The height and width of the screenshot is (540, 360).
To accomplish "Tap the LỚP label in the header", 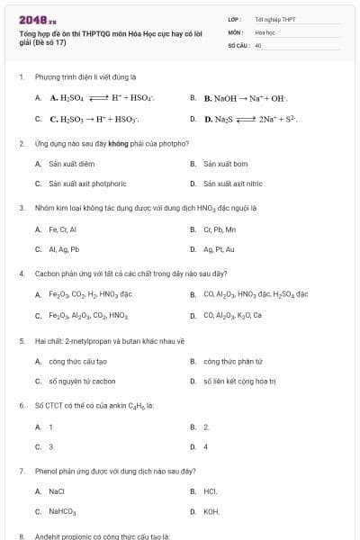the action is pos(233,18).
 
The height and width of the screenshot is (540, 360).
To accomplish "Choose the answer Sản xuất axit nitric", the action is pos(232,184).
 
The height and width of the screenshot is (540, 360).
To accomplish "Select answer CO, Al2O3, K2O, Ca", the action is pos(232,316).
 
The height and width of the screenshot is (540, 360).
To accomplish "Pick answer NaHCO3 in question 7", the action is pos(63,512).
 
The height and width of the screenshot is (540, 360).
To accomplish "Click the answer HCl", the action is pos(211,491).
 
